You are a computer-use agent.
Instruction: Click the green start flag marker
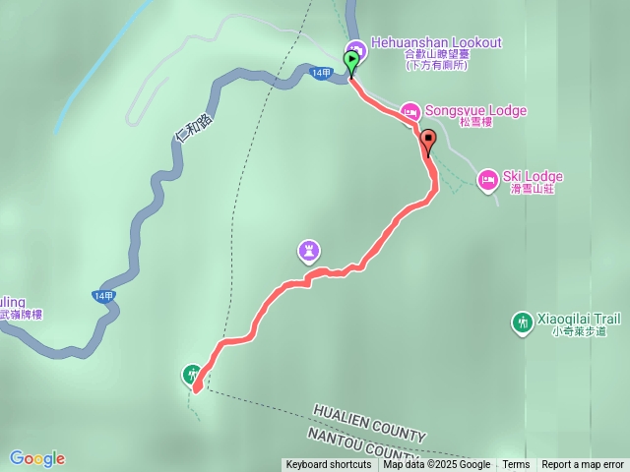click(351, 61)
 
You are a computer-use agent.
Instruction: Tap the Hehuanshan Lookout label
click(436, 43)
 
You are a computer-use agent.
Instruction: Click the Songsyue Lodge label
click(475, 111)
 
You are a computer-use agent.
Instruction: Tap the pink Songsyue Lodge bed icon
click(409, 111)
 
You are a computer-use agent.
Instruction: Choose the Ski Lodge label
click(533, 177)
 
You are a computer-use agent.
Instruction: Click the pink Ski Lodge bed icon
click(487, 179)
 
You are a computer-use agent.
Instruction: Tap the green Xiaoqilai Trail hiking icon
click(523, 322)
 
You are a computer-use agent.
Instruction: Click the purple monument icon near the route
click(309, 252)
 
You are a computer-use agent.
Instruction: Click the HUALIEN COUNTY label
click(369, 422)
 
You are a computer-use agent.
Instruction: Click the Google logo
click(36, 458)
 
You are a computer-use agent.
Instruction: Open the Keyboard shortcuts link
click(328, 465)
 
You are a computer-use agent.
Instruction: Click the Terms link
click(516, 465)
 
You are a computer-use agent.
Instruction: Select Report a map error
click(583, 465)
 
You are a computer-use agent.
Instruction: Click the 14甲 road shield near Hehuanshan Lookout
click(321, 74)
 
